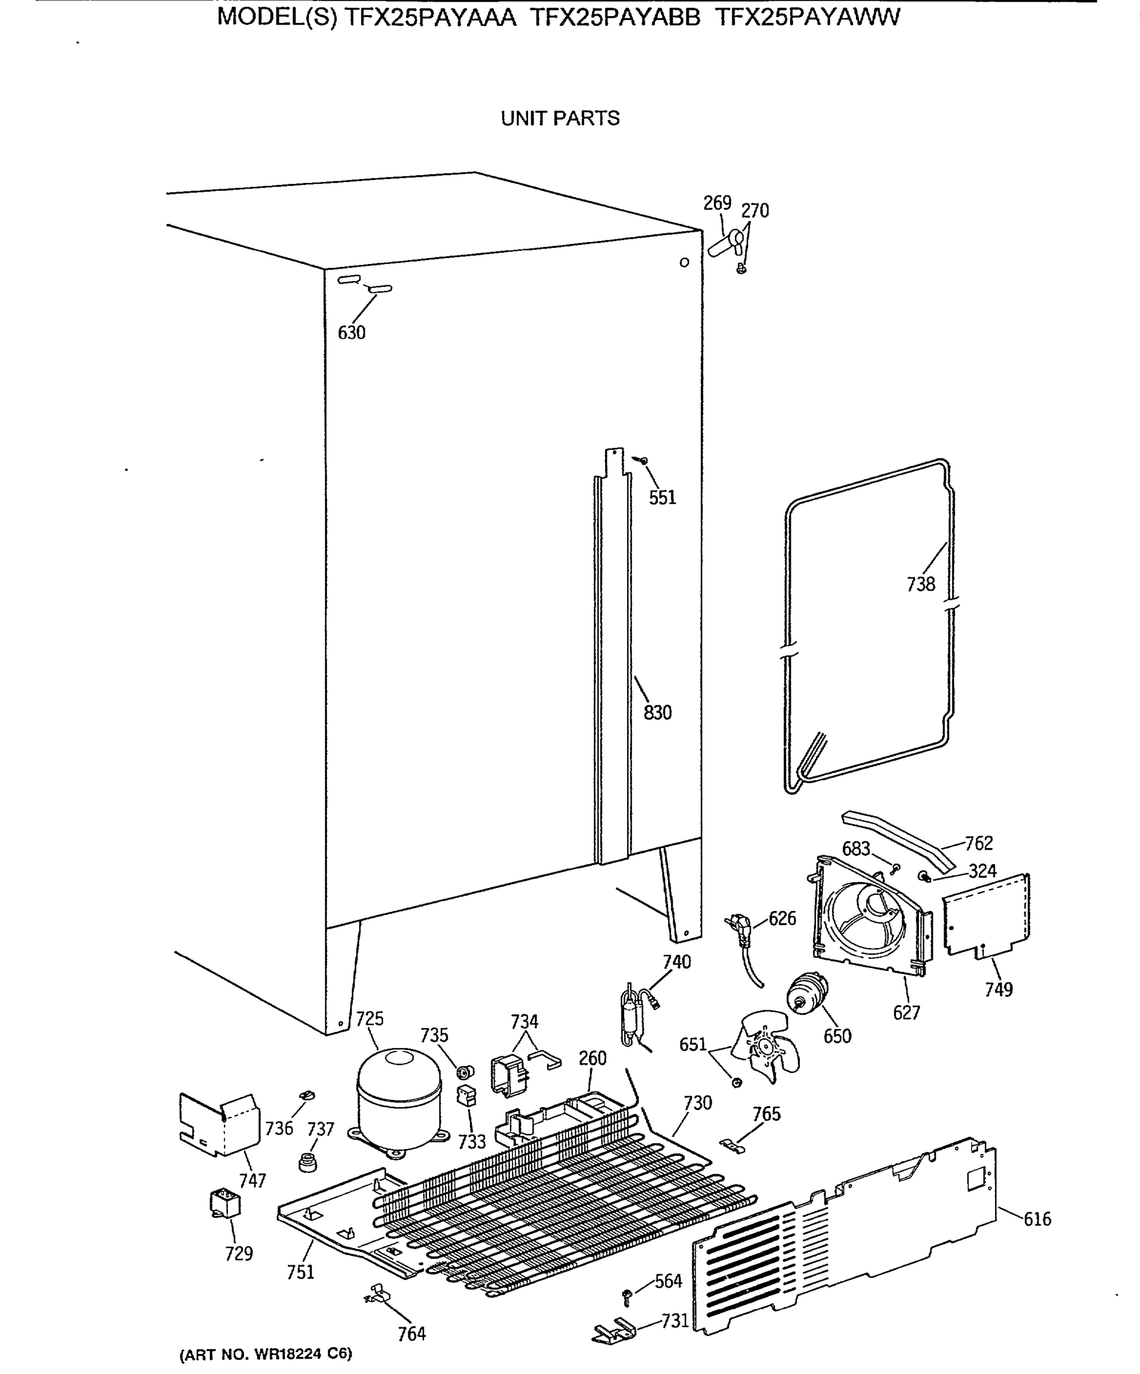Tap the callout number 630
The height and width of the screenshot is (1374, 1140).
click(352, 333)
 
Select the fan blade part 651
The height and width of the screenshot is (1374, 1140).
click(766, 1051)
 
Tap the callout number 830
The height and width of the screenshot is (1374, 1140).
click(658, 713)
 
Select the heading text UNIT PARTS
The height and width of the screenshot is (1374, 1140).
click(560, 119)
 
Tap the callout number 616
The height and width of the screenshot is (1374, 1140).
click(1038, 1219)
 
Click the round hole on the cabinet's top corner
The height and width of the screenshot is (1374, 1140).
click(685, 262)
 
